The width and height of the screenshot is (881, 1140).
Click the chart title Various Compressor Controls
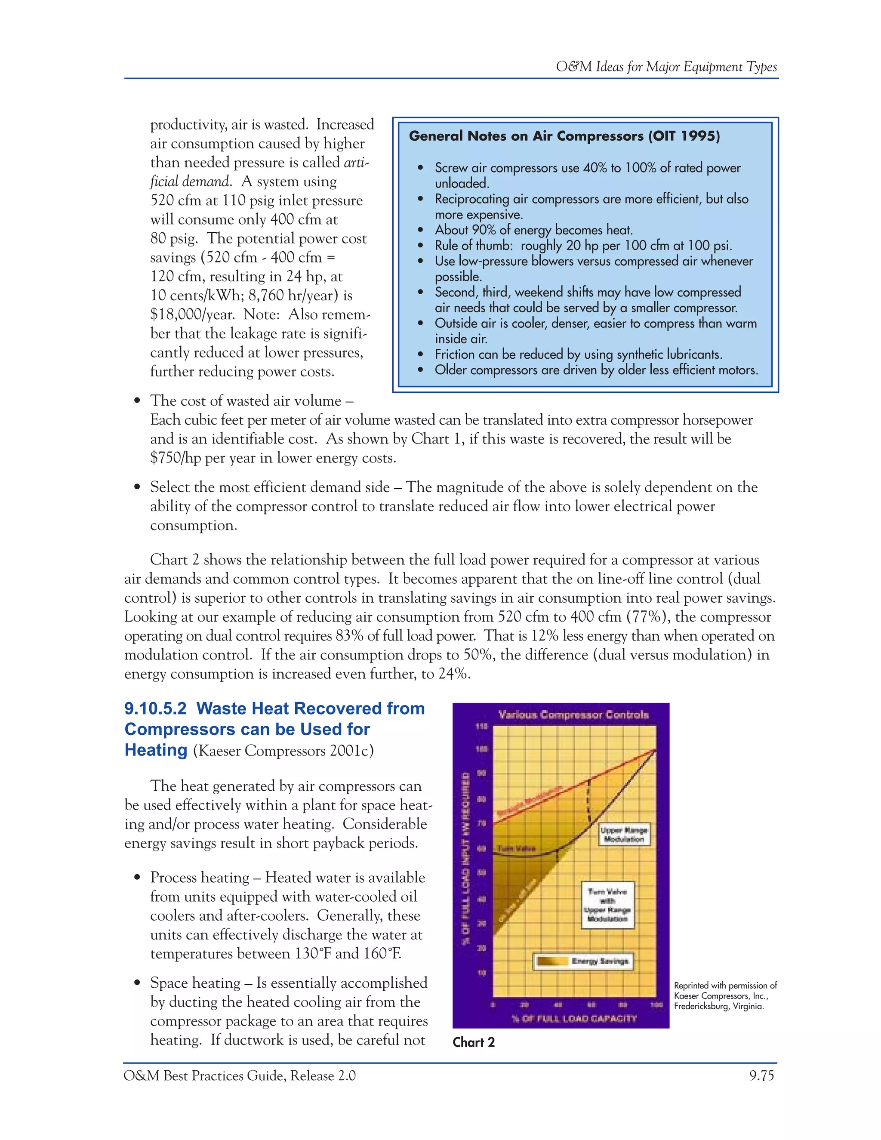coord(573,715)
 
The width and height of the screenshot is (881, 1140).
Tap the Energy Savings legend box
coord(583,961)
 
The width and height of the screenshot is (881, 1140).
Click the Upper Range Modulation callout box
coord(624,834)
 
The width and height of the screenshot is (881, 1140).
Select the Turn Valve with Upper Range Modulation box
coord(607,905)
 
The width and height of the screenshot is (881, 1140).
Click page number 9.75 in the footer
coord(761,1076)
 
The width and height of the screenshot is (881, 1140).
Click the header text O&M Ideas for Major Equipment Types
coord(666,67)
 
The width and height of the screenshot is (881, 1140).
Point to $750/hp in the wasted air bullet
coord(175,458)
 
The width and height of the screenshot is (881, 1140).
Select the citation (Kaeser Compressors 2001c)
coord(283,751)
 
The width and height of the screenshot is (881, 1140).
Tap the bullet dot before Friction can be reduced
coord(421,354)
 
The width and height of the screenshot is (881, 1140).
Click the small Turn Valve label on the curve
coord(517,849)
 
